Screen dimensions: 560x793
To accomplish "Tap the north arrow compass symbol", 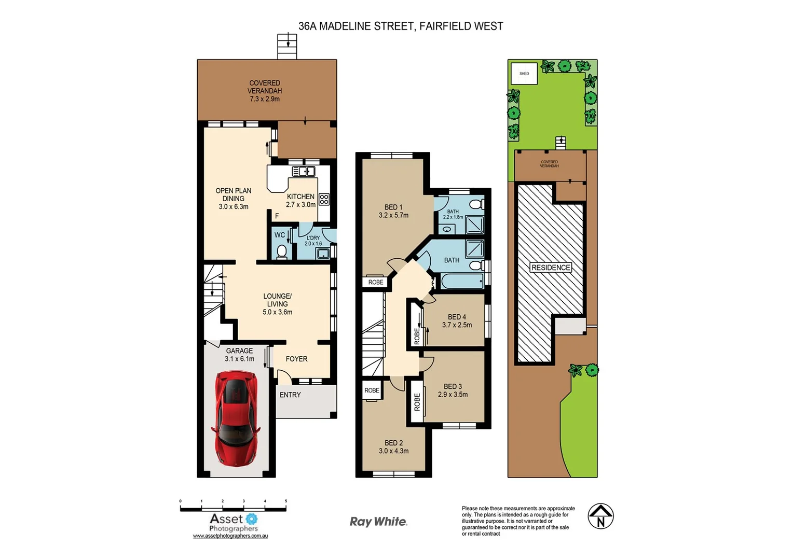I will coord(600,516).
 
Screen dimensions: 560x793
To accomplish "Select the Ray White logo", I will coord(378,522).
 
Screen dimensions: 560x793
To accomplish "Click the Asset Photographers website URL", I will coord(230,536).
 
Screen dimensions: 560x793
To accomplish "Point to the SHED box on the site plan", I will coord(524,74).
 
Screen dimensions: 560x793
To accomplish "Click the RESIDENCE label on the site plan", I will coord(551,268).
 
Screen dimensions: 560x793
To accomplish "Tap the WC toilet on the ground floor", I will coord(282,251).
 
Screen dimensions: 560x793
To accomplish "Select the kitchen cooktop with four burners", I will coord(324,199).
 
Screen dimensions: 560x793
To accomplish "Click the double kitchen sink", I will coord(304,172).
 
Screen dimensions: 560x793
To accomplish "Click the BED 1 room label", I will coord(393,207).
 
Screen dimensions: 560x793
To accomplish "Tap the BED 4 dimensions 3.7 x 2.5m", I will coord(457,325).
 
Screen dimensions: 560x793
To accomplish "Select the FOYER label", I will coord(296,359).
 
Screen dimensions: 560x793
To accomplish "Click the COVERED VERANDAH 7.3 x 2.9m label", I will coord(265,91).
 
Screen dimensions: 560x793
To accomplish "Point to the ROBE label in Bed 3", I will coord(417,402).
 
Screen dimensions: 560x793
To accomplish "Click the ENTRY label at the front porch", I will coord(290,395).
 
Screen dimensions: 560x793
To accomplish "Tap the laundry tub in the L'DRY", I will coord(323,254).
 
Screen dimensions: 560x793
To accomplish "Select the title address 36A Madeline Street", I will coord(400,26).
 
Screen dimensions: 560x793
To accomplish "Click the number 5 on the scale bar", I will coord(286,501).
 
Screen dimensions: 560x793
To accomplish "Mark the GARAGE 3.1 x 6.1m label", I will coord(239,355).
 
